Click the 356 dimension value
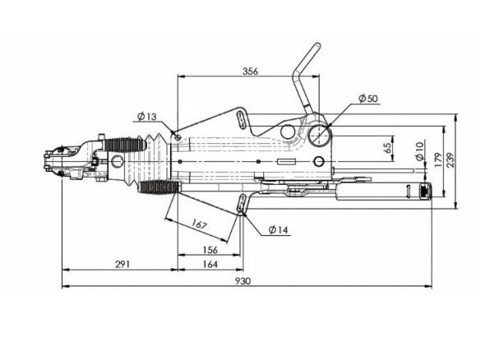tap(250, 71)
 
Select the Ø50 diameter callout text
tap(368, 99)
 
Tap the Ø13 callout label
tap(147, 117)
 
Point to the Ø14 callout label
tap(278, 229)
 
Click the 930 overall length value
tap(243, 281)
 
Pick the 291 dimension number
tap(122, 264)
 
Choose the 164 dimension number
tap(210, 264)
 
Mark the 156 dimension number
tap(210, 250)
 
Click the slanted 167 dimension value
tap(199, 224)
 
